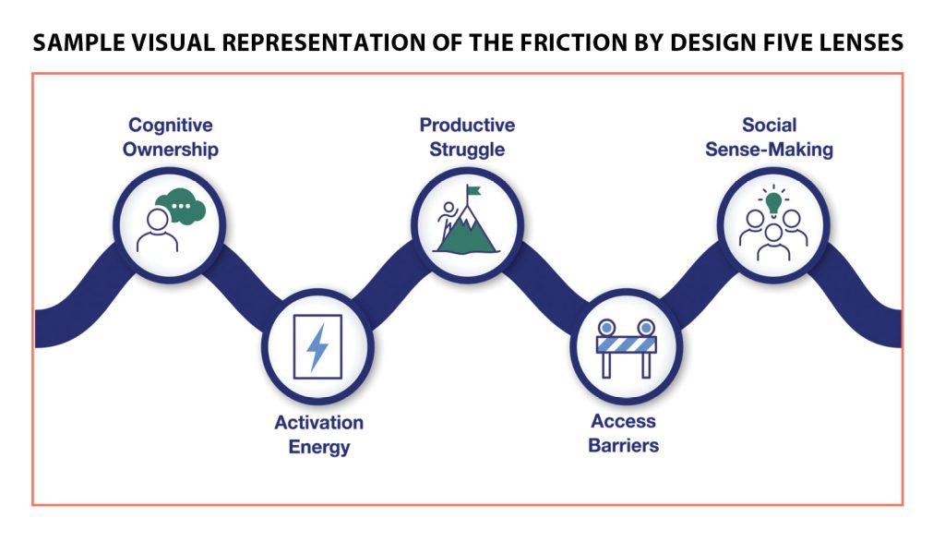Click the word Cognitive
click(170, 125)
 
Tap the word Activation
click(318, 423)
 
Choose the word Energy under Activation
click(318, 447)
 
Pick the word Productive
click(467, 125)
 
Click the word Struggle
click(468, 149)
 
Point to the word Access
click(624, 421)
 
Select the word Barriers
click(625, 446)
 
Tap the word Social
click(769, 125)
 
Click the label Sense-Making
click(769, 149)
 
